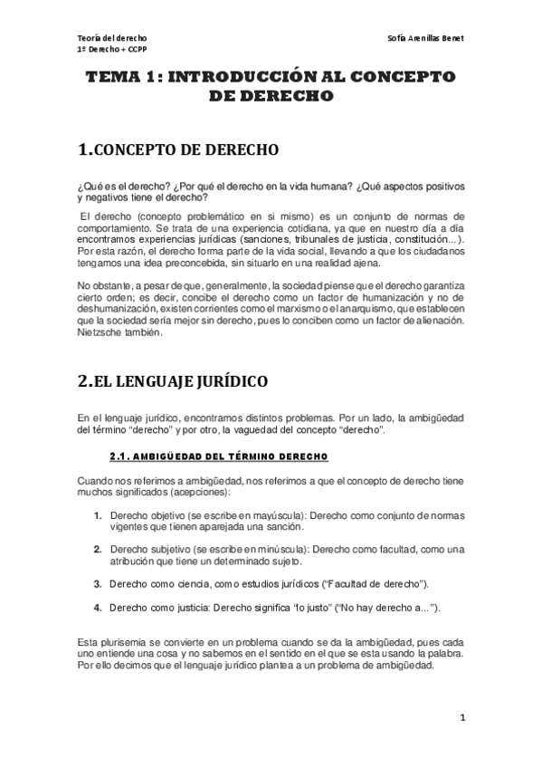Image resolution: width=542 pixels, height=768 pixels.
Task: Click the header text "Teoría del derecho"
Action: [x=109, y=38]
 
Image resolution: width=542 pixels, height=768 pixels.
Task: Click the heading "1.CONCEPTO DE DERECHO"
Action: [x=179, y=149]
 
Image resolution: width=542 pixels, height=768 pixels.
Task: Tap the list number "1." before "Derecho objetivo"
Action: [x=98, y=515]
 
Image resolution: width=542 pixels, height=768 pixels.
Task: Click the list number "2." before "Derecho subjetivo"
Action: [x=98, y=549]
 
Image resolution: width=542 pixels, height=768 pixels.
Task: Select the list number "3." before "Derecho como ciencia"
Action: [x=98, y=582]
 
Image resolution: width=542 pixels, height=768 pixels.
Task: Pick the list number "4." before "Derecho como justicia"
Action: [x=98, y=606]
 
